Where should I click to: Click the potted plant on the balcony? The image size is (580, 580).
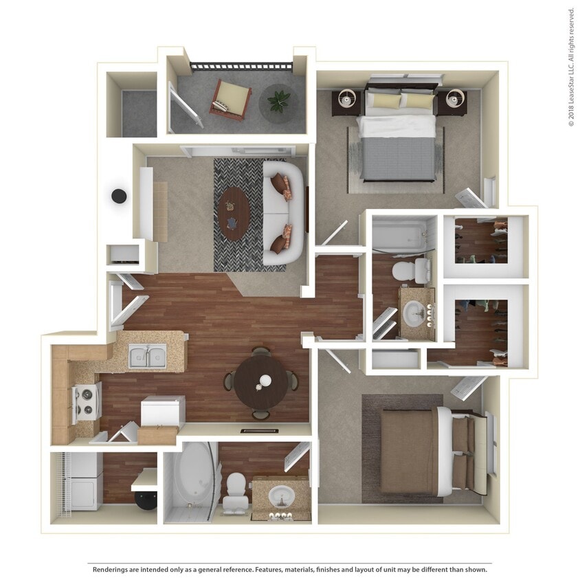pos(279,102)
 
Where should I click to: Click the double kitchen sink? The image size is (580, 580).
pos(147,356)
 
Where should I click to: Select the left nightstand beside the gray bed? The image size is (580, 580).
pos(348,102)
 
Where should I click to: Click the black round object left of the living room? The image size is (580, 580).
pos(120,196)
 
